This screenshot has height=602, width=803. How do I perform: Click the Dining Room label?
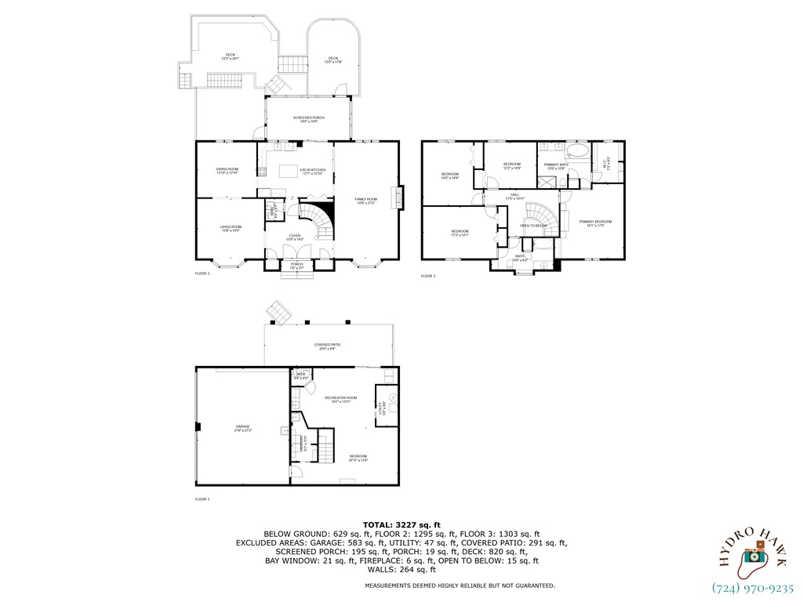[227, 169]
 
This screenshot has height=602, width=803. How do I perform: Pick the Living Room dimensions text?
[231, 230]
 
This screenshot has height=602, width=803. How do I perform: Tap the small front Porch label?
[297, 264]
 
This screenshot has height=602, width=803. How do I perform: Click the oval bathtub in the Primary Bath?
[577, 150]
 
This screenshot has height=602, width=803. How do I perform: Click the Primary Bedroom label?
[595, 222]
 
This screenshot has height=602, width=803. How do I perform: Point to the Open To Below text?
[532, 226]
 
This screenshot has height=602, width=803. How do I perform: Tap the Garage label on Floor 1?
[242, 427]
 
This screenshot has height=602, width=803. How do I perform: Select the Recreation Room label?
[341, 397]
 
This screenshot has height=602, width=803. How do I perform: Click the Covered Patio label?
[327, 345]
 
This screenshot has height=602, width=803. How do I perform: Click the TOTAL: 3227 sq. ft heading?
[401, 524]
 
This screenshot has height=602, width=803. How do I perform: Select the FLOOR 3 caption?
[428, 276]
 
